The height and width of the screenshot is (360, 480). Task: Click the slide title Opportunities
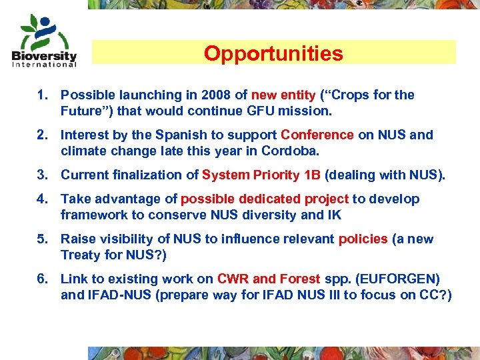coord(273,53)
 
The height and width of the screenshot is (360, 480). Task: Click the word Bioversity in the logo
coord(45,55)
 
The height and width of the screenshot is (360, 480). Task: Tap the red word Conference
coord(317,135)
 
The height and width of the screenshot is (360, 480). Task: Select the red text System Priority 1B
coord(261,175)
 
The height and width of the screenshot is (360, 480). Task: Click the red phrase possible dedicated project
coord(265,199)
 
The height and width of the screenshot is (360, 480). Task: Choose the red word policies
coord(363,239)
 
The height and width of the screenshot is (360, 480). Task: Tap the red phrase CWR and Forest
coord(269,279)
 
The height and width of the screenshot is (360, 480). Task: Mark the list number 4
coord(41,199)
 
